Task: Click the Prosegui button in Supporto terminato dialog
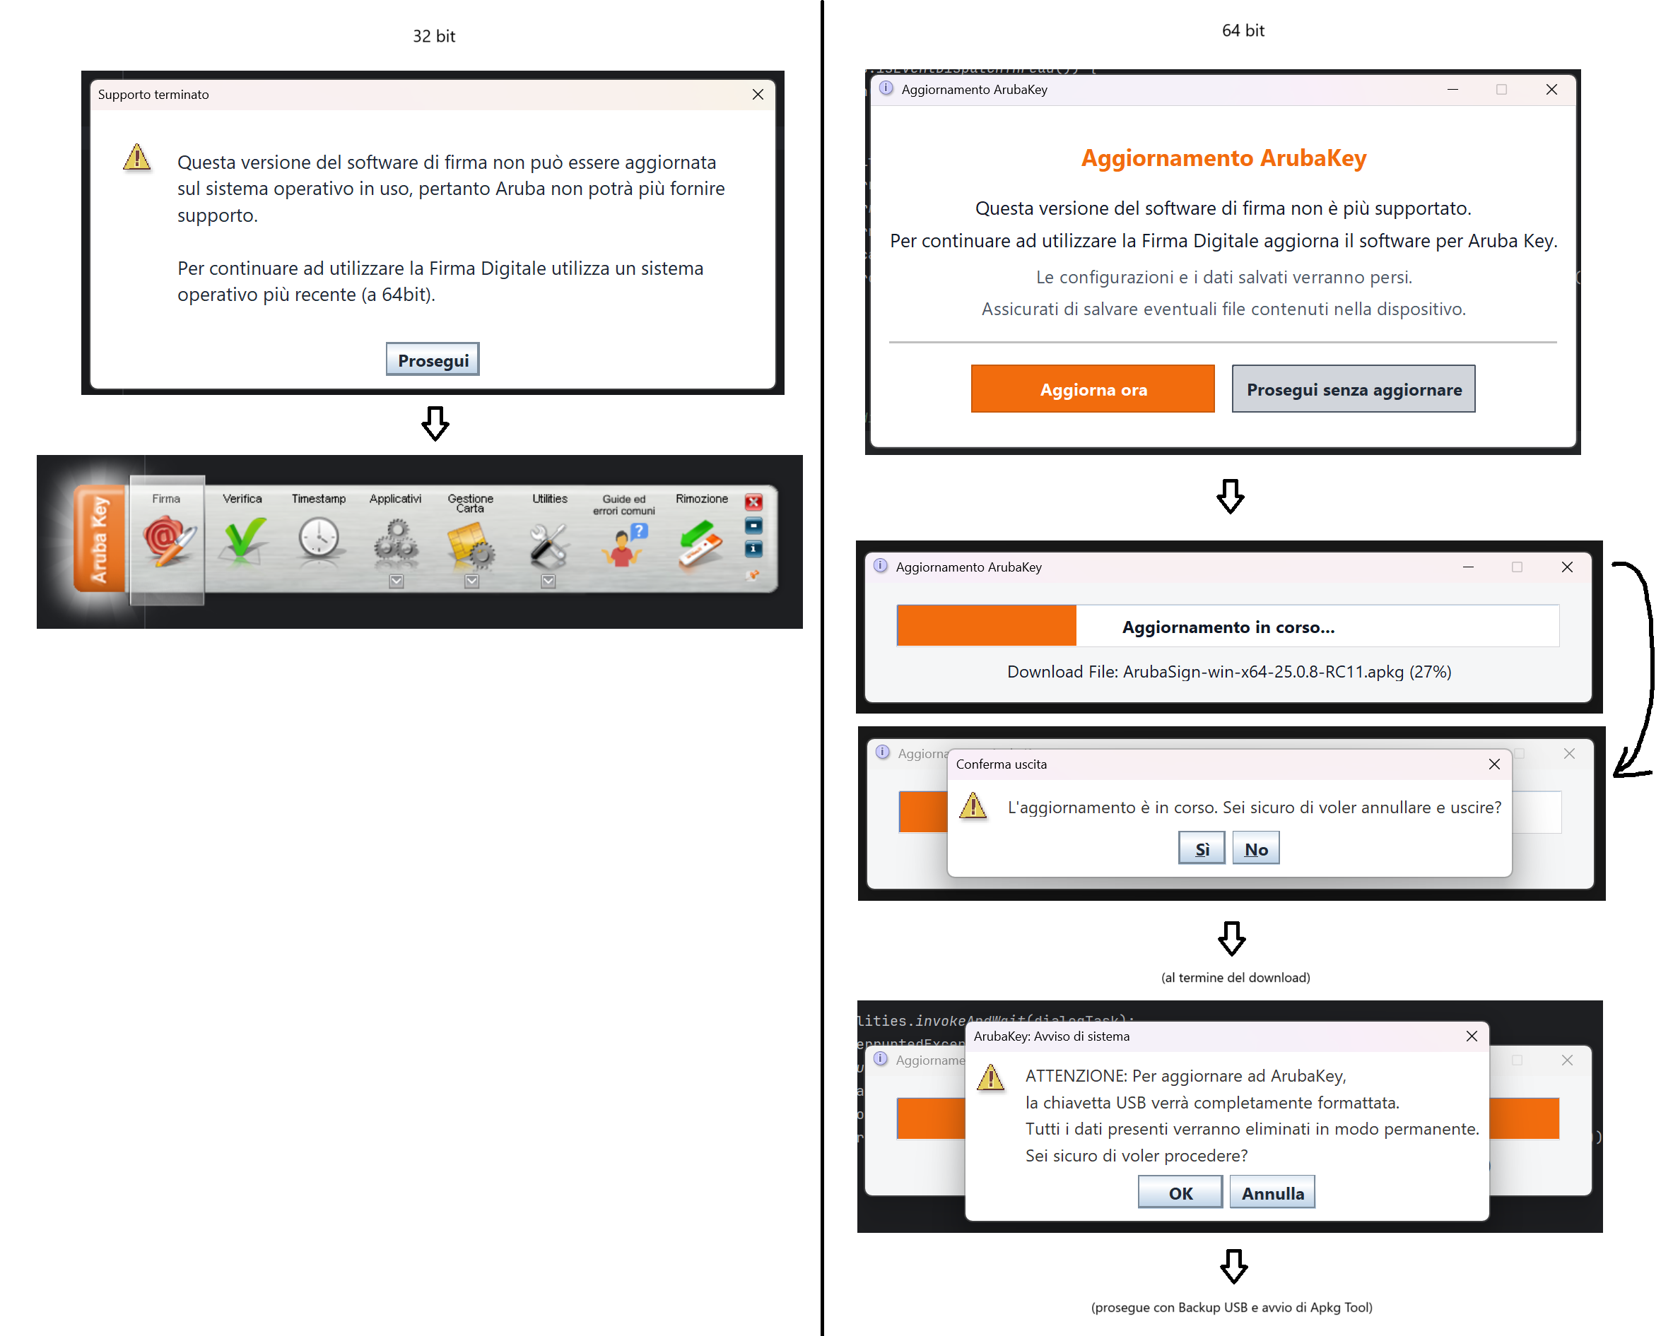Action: (x=433, y=360)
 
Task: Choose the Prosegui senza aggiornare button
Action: (x=1353, y=389)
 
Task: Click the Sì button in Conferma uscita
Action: (x=1201, y=849)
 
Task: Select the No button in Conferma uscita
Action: (x=1255, y=849)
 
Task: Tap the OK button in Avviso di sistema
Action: (x=1180, y=1193)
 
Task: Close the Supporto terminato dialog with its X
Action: (x=758, y=95)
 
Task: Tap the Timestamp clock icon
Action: (x=319, y=538)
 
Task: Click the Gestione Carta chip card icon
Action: (x=470, y=543)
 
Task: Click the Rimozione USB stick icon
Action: (x=700, y=543)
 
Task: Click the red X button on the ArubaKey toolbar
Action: (x=753, y=502)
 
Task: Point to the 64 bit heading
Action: (x=1243, y=31)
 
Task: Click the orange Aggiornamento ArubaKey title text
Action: (x=1223, y=158)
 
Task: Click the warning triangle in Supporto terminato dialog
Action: (x=136, y=158)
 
